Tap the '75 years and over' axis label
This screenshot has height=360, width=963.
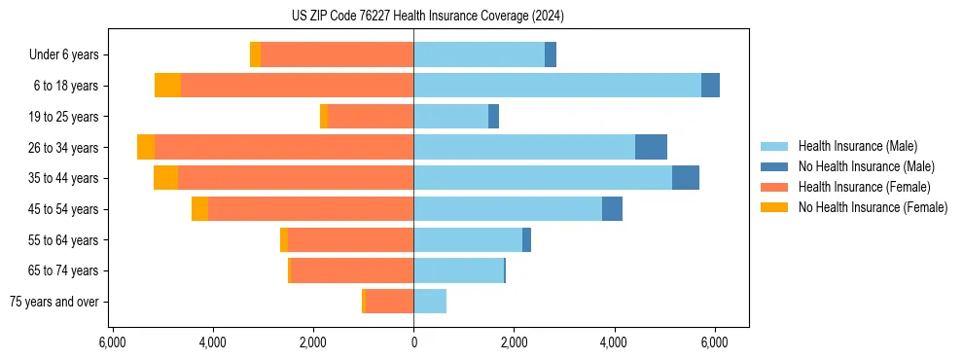(x=53, y=302)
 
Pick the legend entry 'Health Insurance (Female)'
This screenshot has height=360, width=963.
(x=864, y=187)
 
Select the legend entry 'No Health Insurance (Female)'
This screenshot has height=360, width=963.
(x=873, y=207)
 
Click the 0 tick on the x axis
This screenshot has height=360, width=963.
(x=413, y=342)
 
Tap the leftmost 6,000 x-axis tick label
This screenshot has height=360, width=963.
(x=113, y=342)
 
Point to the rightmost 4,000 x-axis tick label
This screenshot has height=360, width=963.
(x=614, y=342)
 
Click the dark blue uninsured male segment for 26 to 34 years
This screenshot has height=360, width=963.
(x=651, y=147)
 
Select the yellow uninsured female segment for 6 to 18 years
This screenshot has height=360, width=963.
(x=167, y=86)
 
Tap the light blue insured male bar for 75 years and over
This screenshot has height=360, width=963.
(x=430, y=302)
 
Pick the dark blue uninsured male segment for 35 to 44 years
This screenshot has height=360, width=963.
(x=686, y=178)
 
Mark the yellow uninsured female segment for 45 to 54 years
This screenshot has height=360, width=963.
(x=199, y=209)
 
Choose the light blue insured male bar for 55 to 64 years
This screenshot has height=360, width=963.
(x=468, y=240)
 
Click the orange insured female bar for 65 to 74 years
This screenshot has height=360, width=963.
(x=352, y=270)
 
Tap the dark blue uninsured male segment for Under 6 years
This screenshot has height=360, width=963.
(x=551, y=55)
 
